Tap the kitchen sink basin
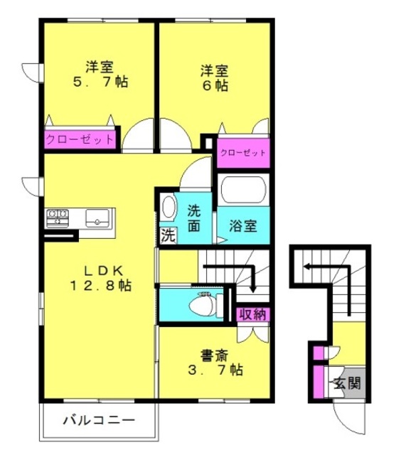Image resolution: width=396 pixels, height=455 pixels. tap(97, 218)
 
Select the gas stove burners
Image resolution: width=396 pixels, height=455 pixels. tap(58, 218)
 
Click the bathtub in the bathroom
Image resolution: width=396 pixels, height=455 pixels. tap(243, 190)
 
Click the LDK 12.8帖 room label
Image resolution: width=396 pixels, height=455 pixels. tap(100, 278)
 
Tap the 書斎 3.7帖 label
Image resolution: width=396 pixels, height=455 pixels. tap(215, 363)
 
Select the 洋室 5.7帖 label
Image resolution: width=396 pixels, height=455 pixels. tap(100, 74)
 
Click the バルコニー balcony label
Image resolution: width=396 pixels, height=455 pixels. tap(100, 420)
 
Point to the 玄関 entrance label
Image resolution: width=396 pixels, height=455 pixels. tap(347, 383)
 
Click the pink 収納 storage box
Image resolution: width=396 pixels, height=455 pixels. tap(252, 314)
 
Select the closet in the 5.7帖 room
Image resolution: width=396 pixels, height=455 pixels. tap(80, 139)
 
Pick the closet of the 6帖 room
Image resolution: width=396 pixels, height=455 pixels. tap(243, 153)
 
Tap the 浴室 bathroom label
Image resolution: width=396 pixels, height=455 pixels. tap(243, 225)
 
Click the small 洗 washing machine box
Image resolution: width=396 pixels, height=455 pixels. tap(168, 235)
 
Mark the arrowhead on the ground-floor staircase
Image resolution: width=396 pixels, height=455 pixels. tap(306, 267)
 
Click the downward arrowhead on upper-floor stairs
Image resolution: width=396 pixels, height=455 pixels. tap(253, 289)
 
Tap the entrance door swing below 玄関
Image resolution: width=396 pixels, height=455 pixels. tap(349, 419)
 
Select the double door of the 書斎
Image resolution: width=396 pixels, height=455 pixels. tap(253, 334)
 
